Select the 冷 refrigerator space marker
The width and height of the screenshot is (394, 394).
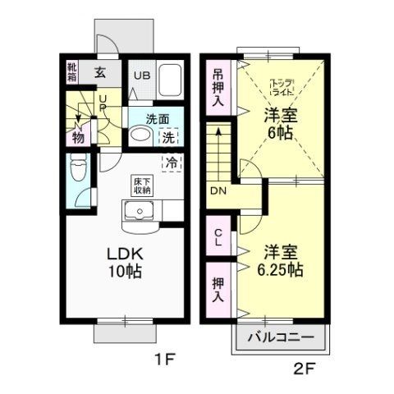tap(172, 162)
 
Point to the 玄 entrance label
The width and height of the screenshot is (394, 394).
tap(99, 71)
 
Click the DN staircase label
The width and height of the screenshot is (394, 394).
tap(218, 191)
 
